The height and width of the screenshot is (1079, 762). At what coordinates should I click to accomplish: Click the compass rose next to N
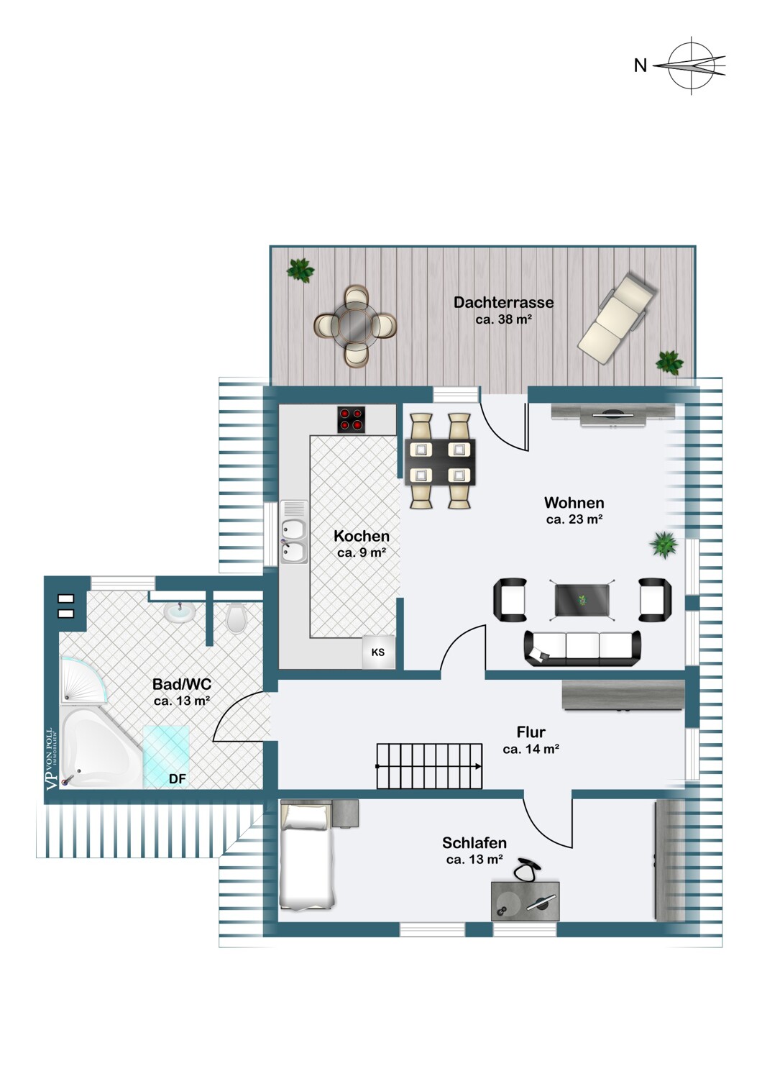pyautogui.click(x=692, y=65)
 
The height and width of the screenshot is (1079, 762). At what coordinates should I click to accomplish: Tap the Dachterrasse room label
pyautogui.click(x=503, y=302)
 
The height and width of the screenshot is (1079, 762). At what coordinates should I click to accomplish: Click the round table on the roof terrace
pyautogui.click(x=355, y=326)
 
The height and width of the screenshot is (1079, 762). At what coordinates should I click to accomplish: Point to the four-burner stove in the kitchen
pyautogui.click(x=352, y=420)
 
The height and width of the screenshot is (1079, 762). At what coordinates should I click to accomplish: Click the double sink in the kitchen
pyautogui.click(x=293, y=540)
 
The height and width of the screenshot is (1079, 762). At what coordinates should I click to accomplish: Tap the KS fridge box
pyautogui.click(x=378, y=652)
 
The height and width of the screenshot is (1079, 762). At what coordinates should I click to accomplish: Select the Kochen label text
pyautogui.click(x=362, y=536)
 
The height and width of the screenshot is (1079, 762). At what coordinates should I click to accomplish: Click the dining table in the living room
pyautogui.click(x=440, y=461)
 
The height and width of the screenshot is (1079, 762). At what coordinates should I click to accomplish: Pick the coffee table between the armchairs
pyautogui.click(x=582, y=600)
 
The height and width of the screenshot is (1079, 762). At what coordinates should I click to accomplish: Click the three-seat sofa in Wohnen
pyautogui.click(x=582, y=647)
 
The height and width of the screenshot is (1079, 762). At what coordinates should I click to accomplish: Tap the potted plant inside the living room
pyautogui.click(x=664, y=545)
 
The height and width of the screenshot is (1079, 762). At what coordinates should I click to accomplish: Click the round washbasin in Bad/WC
pyautogui.click(x=180, y=612)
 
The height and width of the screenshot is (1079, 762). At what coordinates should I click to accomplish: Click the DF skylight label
pyautogui.click(x=177, y=779)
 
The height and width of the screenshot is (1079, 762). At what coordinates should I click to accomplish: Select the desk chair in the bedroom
pyautogui.click(x=528, y=869)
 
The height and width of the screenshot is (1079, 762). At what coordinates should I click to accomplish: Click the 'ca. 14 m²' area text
pyautogui.click(x=531, y=749)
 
